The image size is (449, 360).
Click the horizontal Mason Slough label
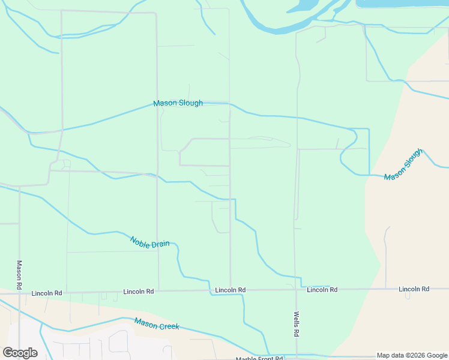[178, 103]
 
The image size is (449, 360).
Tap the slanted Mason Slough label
[403, 164]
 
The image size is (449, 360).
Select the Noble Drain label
[149, 242]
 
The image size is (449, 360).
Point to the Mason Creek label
[157, 325]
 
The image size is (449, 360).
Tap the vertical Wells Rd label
[297, 323]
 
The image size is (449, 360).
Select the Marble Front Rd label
[259, 358]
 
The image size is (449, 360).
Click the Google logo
[20, 352]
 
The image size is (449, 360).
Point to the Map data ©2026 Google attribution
[412, 355]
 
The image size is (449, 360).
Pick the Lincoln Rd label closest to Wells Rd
[322, 290]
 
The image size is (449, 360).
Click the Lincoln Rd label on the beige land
[414, 289]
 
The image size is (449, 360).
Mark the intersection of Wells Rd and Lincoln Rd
[296, 290]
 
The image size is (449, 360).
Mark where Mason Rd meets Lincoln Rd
[19, 293]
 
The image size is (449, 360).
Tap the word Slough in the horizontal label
[191, 103]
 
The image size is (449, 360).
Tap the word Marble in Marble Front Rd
[246, 358]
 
